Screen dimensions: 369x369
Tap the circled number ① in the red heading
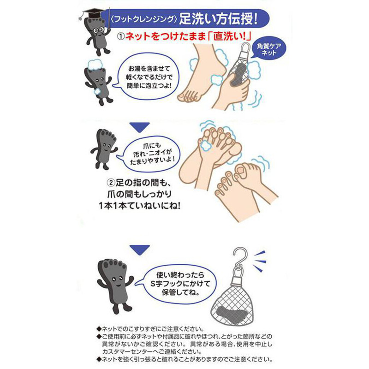tap(121, 37)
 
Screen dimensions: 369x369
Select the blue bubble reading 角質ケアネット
tap(268, 49)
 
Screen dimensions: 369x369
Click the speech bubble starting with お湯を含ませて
tap(149, 77)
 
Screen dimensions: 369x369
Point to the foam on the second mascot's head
tap(95, 65)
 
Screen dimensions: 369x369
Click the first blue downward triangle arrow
tap(140, 127)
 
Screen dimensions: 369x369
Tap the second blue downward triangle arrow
tap(140, 250)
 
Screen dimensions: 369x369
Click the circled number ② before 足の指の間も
tap(111, 183)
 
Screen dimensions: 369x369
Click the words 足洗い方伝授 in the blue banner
tap(218, 19)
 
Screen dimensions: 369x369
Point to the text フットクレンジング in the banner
tap(143, 19)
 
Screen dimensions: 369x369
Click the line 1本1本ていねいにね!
tap(140, 206)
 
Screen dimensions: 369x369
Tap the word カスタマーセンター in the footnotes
tap(137, 352)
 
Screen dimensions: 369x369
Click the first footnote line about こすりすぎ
tap(151, 329)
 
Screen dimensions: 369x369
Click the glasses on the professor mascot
tap(98, 30)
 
